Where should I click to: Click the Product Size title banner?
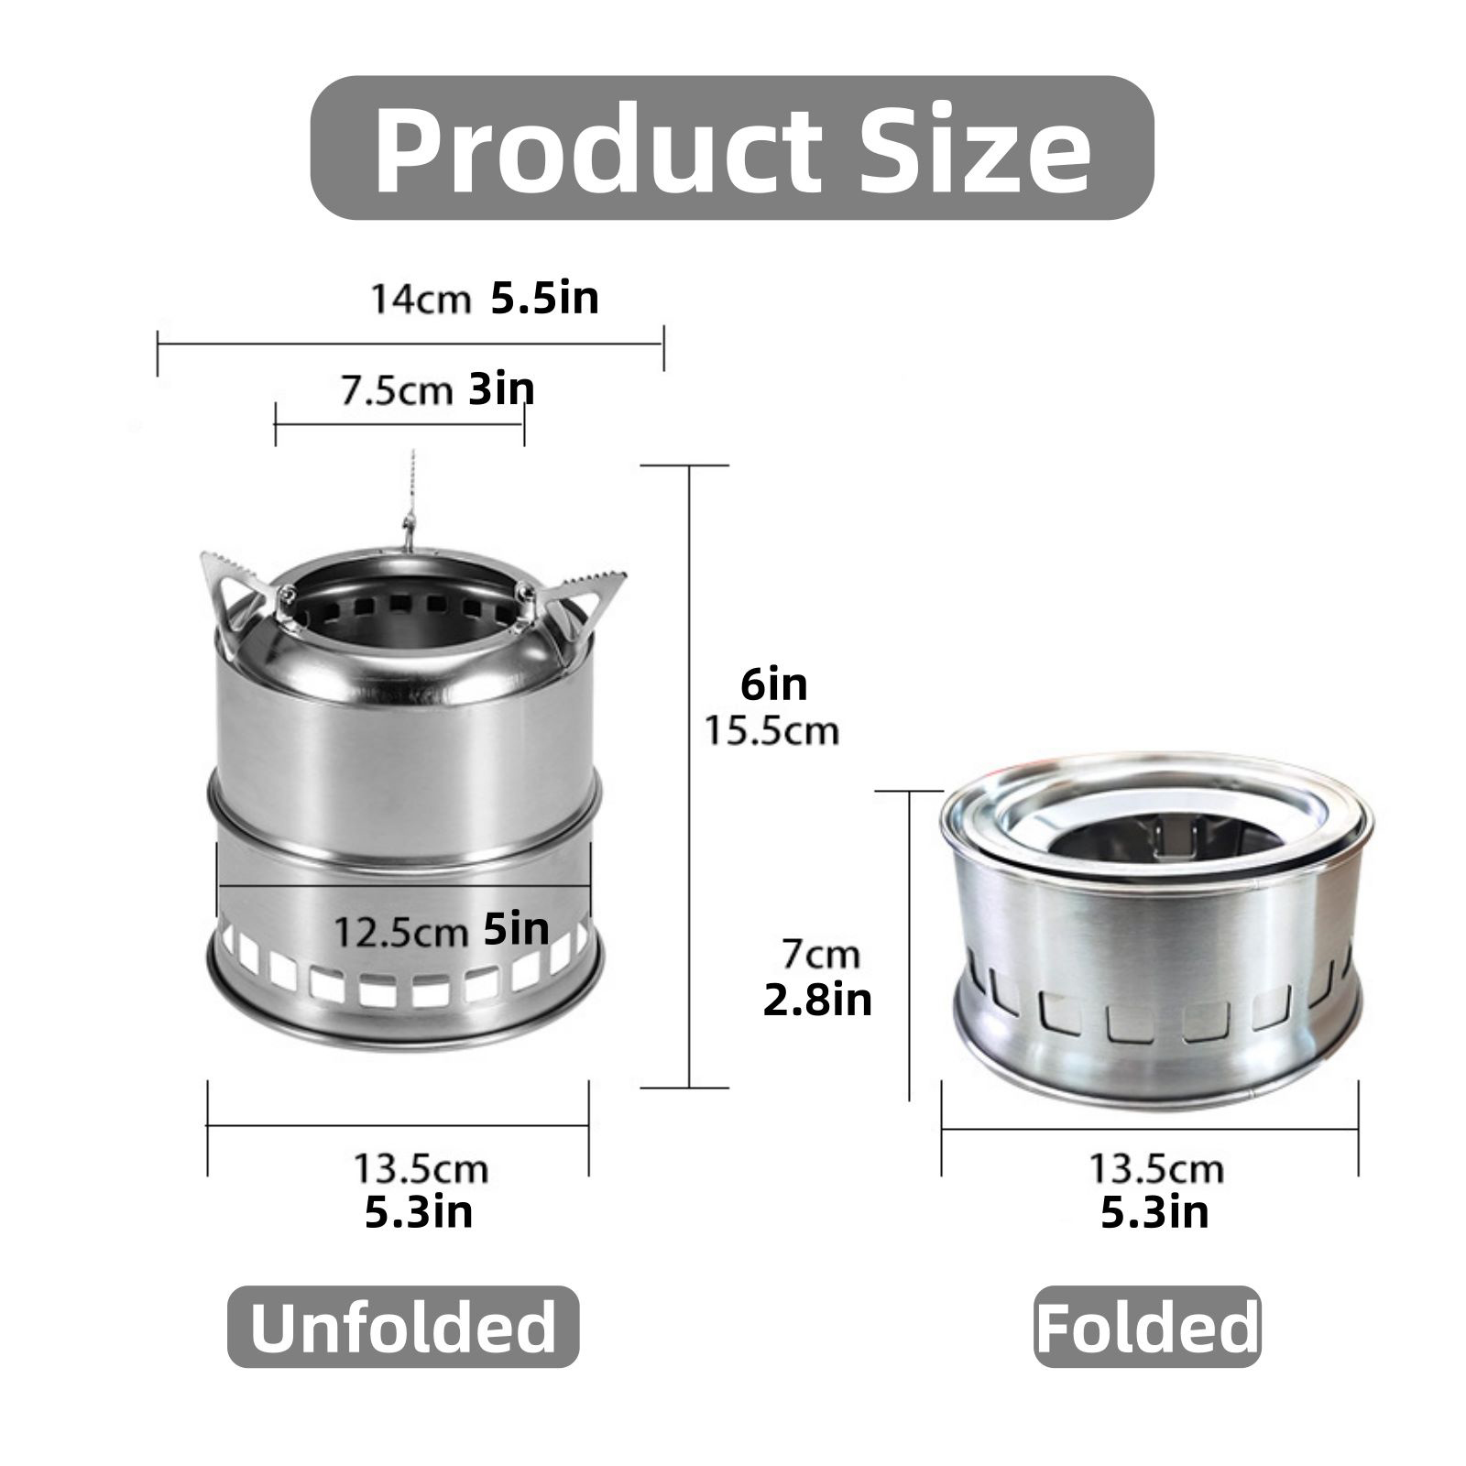pos(732,148)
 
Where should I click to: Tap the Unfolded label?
pos(403,1327)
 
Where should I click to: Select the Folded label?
pos(1147,1327)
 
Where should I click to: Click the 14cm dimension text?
pos(421,300)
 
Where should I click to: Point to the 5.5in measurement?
pos(545,298)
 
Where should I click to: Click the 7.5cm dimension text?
pos(397,390)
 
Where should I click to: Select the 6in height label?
pos(774,684)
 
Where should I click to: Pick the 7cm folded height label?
pos(821,955)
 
